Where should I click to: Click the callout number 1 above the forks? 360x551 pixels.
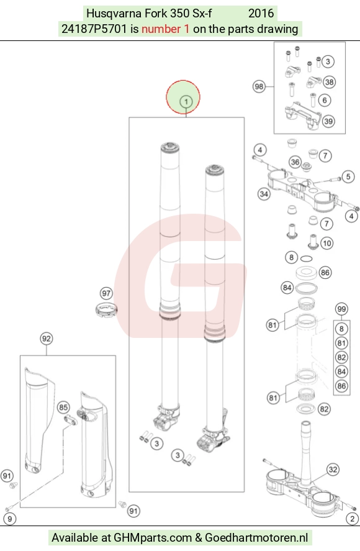186,102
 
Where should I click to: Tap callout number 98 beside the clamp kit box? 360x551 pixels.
259,86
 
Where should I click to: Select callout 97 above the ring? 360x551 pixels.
106,293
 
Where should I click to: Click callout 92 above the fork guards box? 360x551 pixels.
47,339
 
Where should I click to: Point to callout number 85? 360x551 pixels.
63,408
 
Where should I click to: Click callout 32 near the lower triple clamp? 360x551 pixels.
333,470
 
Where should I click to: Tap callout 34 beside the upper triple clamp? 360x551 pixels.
264,194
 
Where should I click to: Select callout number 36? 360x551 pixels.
295,162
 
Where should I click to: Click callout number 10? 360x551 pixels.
327,243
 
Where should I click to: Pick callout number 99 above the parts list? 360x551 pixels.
341,309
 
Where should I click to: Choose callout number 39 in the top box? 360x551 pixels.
328,121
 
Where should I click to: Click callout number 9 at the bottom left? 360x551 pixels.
10,519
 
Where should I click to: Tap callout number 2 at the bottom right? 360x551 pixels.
353,519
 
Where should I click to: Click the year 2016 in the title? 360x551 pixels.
261,13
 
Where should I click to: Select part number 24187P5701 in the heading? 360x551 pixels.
94,29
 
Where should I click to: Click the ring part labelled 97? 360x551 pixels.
106,310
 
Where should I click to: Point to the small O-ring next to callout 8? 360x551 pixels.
306,258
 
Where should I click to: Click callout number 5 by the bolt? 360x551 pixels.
348,176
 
